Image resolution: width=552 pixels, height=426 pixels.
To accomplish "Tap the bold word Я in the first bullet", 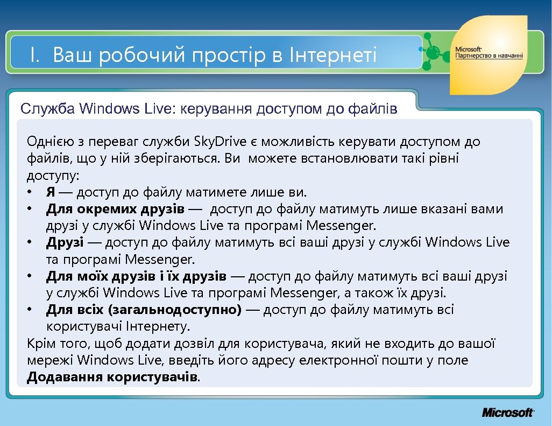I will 51,192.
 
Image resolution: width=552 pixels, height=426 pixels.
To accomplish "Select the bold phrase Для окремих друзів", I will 115,209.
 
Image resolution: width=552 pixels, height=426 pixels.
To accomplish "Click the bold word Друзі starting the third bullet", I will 65,242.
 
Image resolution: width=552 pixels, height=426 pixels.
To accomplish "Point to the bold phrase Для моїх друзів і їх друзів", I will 136,276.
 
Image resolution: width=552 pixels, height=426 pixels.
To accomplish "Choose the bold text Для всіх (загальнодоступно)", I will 144,310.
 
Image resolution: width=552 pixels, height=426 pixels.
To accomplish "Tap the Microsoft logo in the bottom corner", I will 507,413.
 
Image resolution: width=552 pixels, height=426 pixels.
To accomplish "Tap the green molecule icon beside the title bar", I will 433,52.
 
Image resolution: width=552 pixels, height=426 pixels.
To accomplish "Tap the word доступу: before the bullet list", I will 53,176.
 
